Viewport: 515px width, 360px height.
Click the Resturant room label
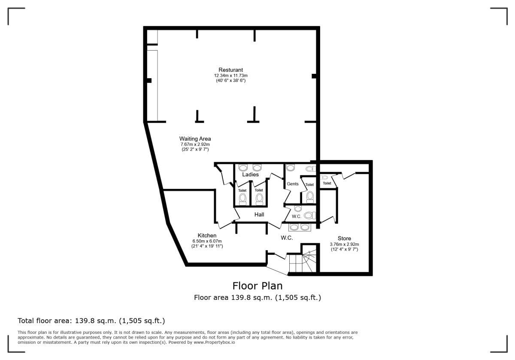pos(230,70)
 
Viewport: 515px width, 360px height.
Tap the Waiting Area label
pos(195,139)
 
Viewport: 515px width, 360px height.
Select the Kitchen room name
pos(207,236)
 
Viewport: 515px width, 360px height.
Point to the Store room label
pos(344,239)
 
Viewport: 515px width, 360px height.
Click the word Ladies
pos(250,175)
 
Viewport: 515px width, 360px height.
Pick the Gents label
pos(293,184)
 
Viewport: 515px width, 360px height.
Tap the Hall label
pos(259,215)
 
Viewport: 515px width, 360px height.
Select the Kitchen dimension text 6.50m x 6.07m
pos(207,241)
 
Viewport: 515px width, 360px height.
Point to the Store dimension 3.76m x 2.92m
pos(344,245)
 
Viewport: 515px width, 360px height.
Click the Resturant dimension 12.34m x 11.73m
pos(230,76)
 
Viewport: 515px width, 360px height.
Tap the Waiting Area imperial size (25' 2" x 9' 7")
pos(195,149)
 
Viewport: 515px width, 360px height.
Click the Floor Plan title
pos(257,286)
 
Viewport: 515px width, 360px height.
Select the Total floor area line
pos(91,321)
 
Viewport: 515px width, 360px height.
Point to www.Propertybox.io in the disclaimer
pos(214,342)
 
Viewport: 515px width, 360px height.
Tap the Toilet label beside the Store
pos(327,183)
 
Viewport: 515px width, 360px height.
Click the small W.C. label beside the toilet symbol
pos(297,216)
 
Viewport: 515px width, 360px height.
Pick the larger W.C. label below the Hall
pos(287,238)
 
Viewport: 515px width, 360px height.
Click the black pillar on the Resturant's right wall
pos(314,76)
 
